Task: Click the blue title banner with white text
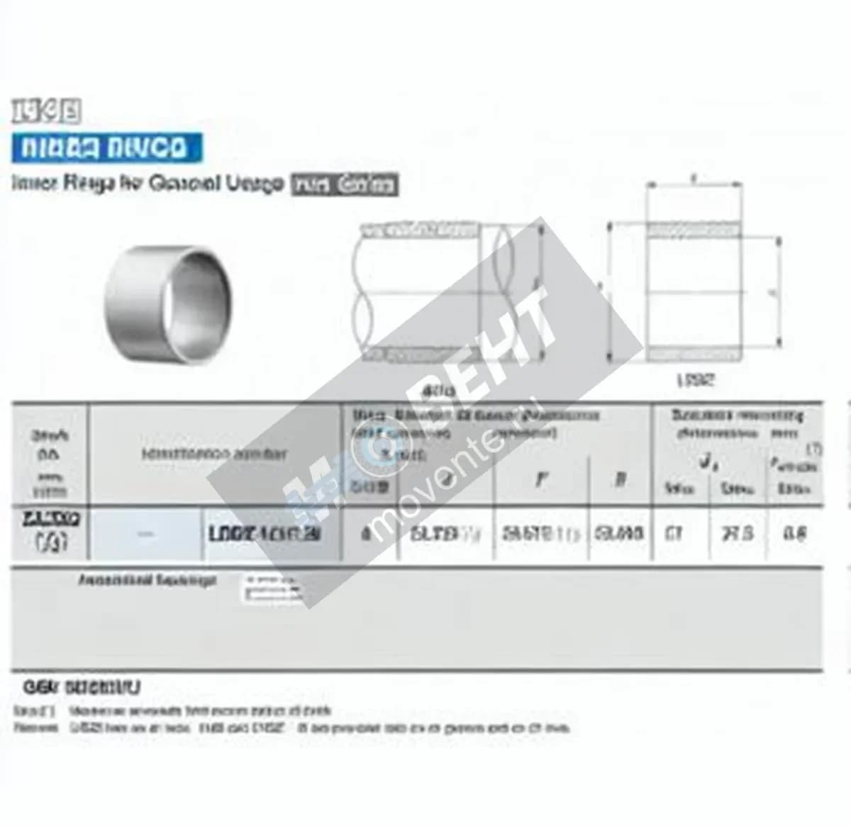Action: pos(106,148)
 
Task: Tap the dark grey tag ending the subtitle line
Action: pos(345,185)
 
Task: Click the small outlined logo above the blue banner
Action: pos(47,111)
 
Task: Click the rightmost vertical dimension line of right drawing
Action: pos(779,291)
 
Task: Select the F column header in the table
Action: pos(541,480)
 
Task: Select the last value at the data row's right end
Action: pos(794,533)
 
